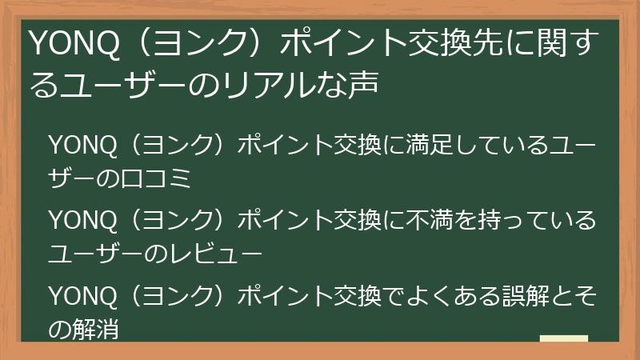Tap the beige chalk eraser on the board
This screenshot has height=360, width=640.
(x=564, y=340)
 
